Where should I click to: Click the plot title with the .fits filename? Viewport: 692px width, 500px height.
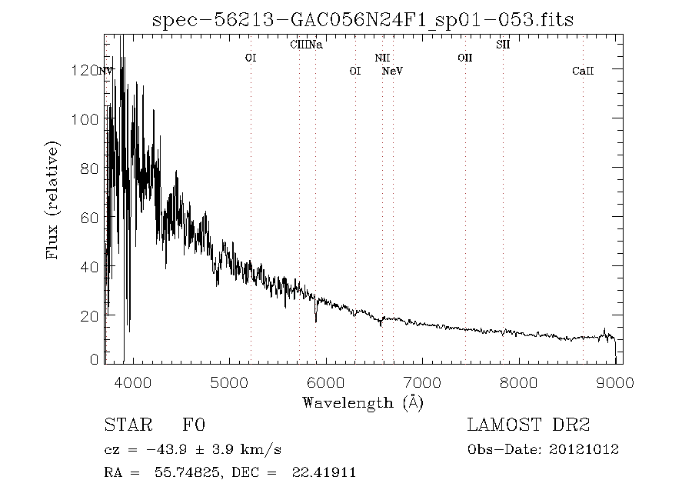pos(364,19)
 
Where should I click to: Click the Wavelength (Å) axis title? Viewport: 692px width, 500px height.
pos(363,402)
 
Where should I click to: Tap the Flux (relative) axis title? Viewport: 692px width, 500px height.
pos(53,199)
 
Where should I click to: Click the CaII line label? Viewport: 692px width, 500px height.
pos(583,71)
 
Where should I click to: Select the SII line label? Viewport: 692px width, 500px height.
pos(503,45)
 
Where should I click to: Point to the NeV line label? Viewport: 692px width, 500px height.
pos(393,71)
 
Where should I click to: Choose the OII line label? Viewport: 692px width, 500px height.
pos(464,58)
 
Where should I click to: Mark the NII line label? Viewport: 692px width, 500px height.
pos(382,58)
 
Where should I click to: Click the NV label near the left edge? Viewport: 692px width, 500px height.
pos(107,71)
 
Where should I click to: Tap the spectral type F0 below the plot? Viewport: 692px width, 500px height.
pos(194,425)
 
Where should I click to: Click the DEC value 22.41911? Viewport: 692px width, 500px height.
pos(323,473)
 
